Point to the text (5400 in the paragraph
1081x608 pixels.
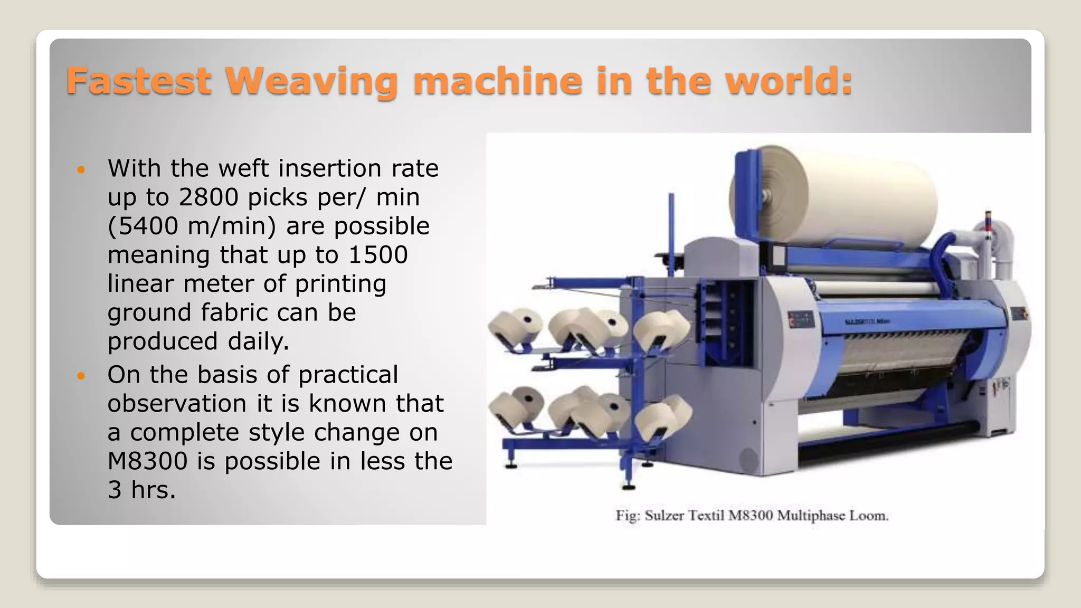[143, 226]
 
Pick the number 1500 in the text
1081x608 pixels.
[378, 255]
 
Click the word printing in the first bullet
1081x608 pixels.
[340, 284]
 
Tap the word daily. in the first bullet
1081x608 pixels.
[259, 341]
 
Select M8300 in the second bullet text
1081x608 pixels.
[147, 461]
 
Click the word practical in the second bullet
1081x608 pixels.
[348, 375]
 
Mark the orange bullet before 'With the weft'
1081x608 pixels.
[81, 170]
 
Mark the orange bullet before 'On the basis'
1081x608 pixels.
[81, 376]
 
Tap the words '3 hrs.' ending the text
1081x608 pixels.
[141, 490]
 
